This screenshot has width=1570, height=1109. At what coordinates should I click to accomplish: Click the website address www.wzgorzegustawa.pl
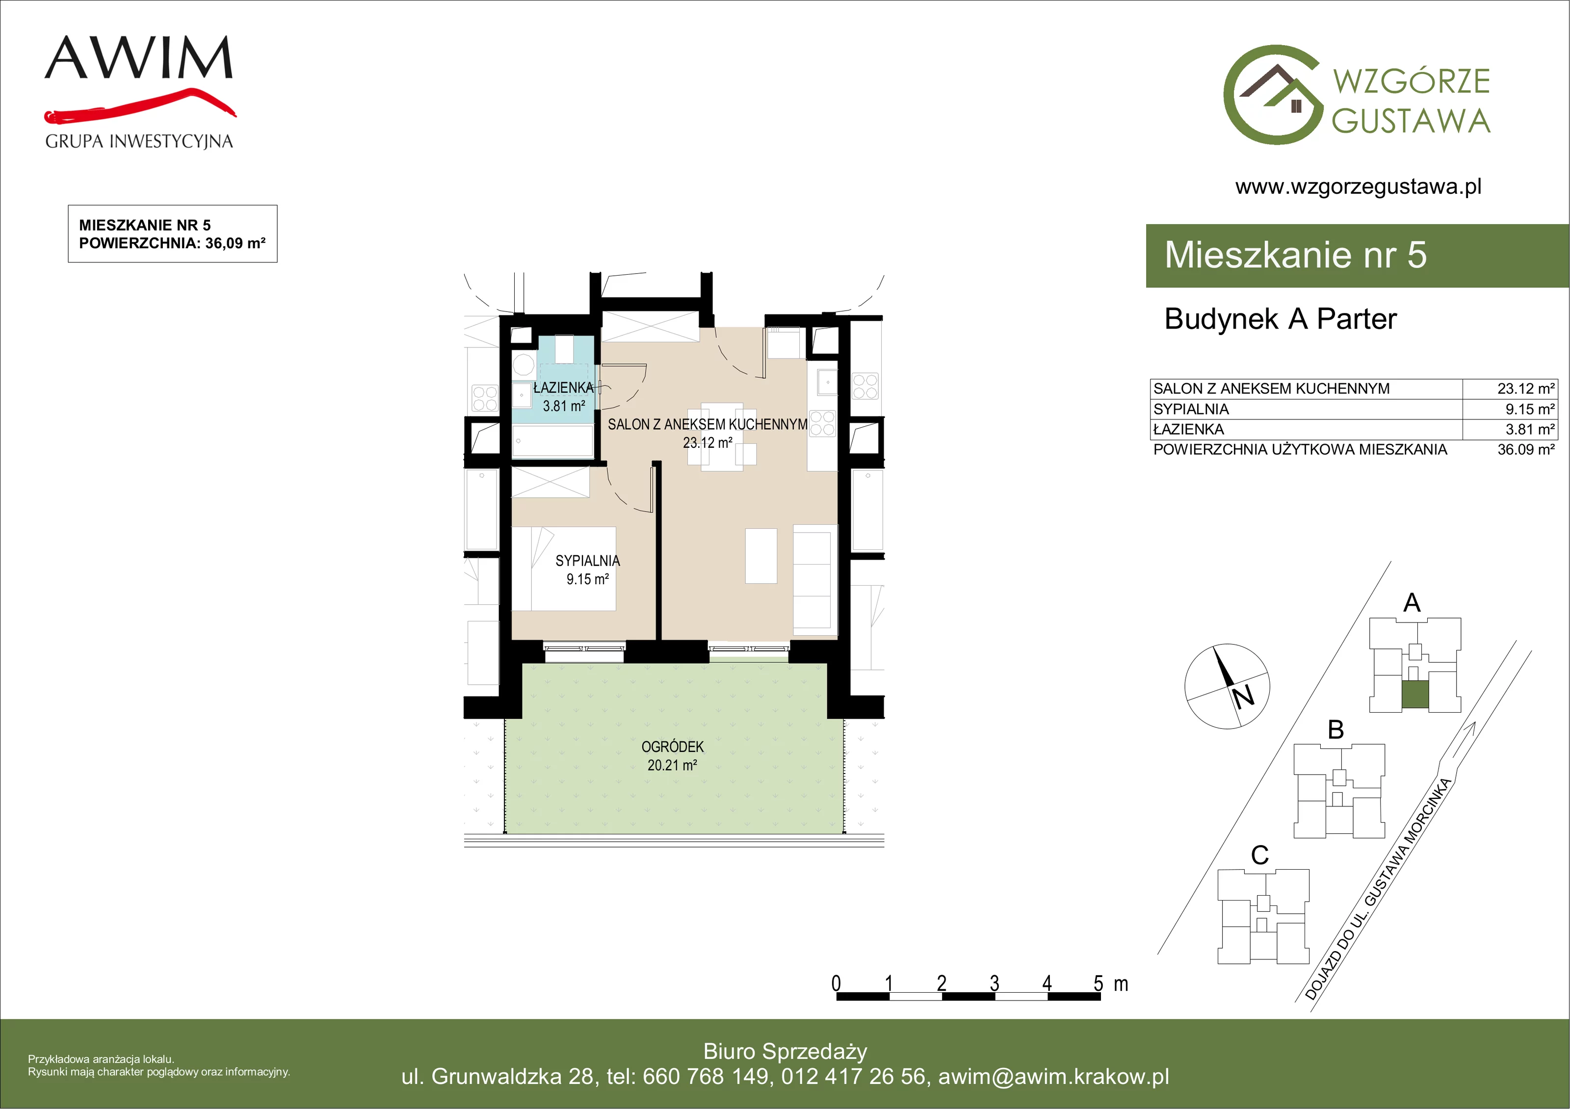1358,187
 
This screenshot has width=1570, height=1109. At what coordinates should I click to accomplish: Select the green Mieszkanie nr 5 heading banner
1358,255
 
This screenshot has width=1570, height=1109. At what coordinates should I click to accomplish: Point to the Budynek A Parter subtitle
1280,319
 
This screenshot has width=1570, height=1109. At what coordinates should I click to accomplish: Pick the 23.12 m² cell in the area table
1526,388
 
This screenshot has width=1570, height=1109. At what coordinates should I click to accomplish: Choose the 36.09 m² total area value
1526,449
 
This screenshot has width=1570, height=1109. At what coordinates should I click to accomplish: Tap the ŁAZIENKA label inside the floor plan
563,387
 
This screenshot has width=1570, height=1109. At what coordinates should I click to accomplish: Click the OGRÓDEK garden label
672,747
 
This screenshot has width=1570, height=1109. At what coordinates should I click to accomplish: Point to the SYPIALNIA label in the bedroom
587,561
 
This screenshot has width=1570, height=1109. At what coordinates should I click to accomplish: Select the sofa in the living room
815,580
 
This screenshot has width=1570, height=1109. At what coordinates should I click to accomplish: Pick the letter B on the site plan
1335,729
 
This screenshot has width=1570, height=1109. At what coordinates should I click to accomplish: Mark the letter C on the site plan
1259,854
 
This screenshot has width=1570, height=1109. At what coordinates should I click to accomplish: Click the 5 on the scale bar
1098,983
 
